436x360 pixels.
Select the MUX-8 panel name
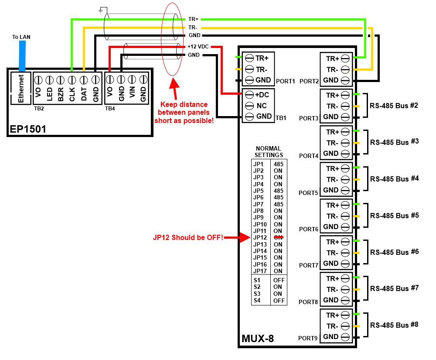[258, 339]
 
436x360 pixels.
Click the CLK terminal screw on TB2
[72, 80]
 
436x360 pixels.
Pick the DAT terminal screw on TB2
[84, 80]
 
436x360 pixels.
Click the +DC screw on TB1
[249, 95]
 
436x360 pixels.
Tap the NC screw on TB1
[249, 106]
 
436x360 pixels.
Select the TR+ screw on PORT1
[249, 58]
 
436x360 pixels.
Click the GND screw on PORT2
[345, 80]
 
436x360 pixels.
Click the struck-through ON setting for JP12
[278, 237]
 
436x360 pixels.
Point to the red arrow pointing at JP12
[238, 237]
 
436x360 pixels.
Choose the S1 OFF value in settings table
[279, 280]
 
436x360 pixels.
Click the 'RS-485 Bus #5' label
[394, 216]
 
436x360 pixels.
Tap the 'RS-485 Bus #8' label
[394, 325]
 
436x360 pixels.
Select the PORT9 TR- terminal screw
[345, 326]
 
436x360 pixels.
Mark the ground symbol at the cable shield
[102, 9]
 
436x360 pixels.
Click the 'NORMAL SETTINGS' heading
[269, 152]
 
